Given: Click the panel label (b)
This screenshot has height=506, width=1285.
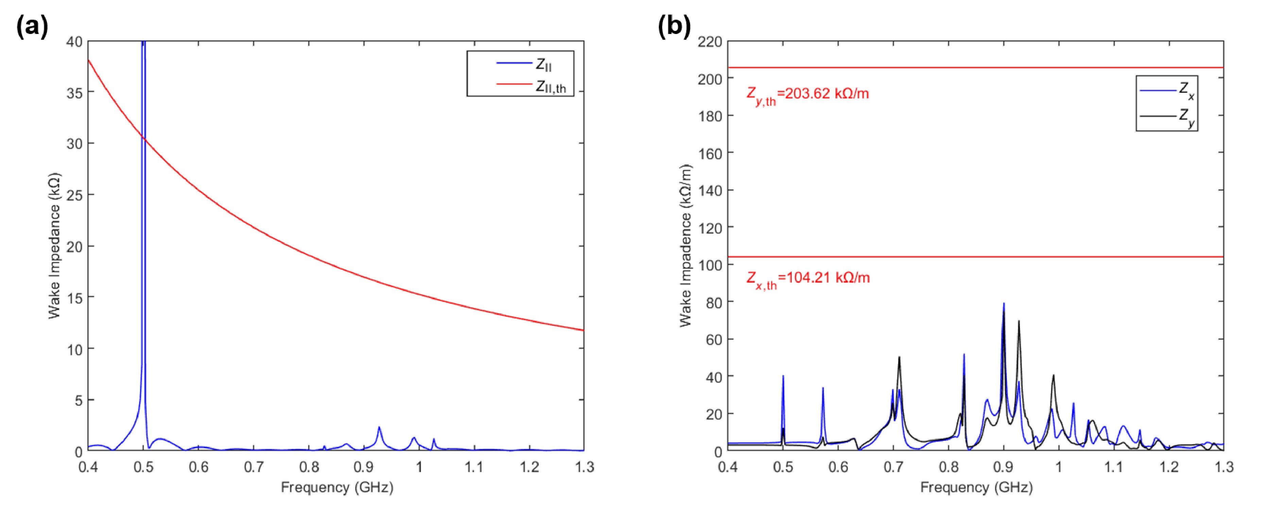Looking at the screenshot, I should coord(674,26).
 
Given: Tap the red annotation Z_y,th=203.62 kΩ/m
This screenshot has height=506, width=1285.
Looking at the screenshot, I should coord(807,95).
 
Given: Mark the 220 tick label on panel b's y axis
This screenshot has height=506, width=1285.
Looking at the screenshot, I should coord(709,42).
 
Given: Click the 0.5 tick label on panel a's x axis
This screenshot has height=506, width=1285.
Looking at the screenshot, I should coord(143,467).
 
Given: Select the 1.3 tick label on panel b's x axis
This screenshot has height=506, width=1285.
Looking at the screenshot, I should coord(1223,467).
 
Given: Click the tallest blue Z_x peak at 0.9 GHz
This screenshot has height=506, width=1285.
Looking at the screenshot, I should coord(1004,304).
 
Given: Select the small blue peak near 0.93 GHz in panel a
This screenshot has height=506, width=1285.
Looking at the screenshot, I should coord(379,428).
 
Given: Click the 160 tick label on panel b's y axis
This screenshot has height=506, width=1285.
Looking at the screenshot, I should coord(709,153).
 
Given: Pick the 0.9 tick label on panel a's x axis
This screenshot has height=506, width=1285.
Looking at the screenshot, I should coord(364,467).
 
